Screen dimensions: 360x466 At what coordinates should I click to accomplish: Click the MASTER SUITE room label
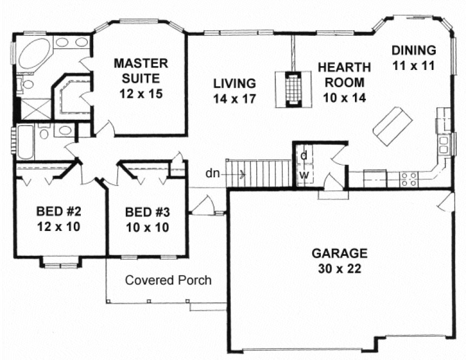click(x=140, y=70)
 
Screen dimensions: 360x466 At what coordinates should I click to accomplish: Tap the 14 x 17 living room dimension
click(x=234, y=99)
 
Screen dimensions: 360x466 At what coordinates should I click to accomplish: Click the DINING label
click(x=414, y=50)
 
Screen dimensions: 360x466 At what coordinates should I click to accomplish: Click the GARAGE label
click(x=339, y=253)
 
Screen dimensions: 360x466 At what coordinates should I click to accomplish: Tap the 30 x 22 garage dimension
click(x=339, y=268)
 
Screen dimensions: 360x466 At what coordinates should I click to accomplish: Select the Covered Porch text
click(x=168, y=280)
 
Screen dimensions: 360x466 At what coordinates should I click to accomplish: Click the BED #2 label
click(x=58, y=211)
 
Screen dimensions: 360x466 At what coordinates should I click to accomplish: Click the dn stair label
click(x=212, y=174)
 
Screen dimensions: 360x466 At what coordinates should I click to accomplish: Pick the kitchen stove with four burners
click(x=407, y=179)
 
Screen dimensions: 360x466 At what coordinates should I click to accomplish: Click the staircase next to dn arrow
click(x=260, y=173)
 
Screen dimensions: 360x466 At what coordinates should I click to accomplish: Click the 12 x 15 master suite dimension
click(x=140, y=93)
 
